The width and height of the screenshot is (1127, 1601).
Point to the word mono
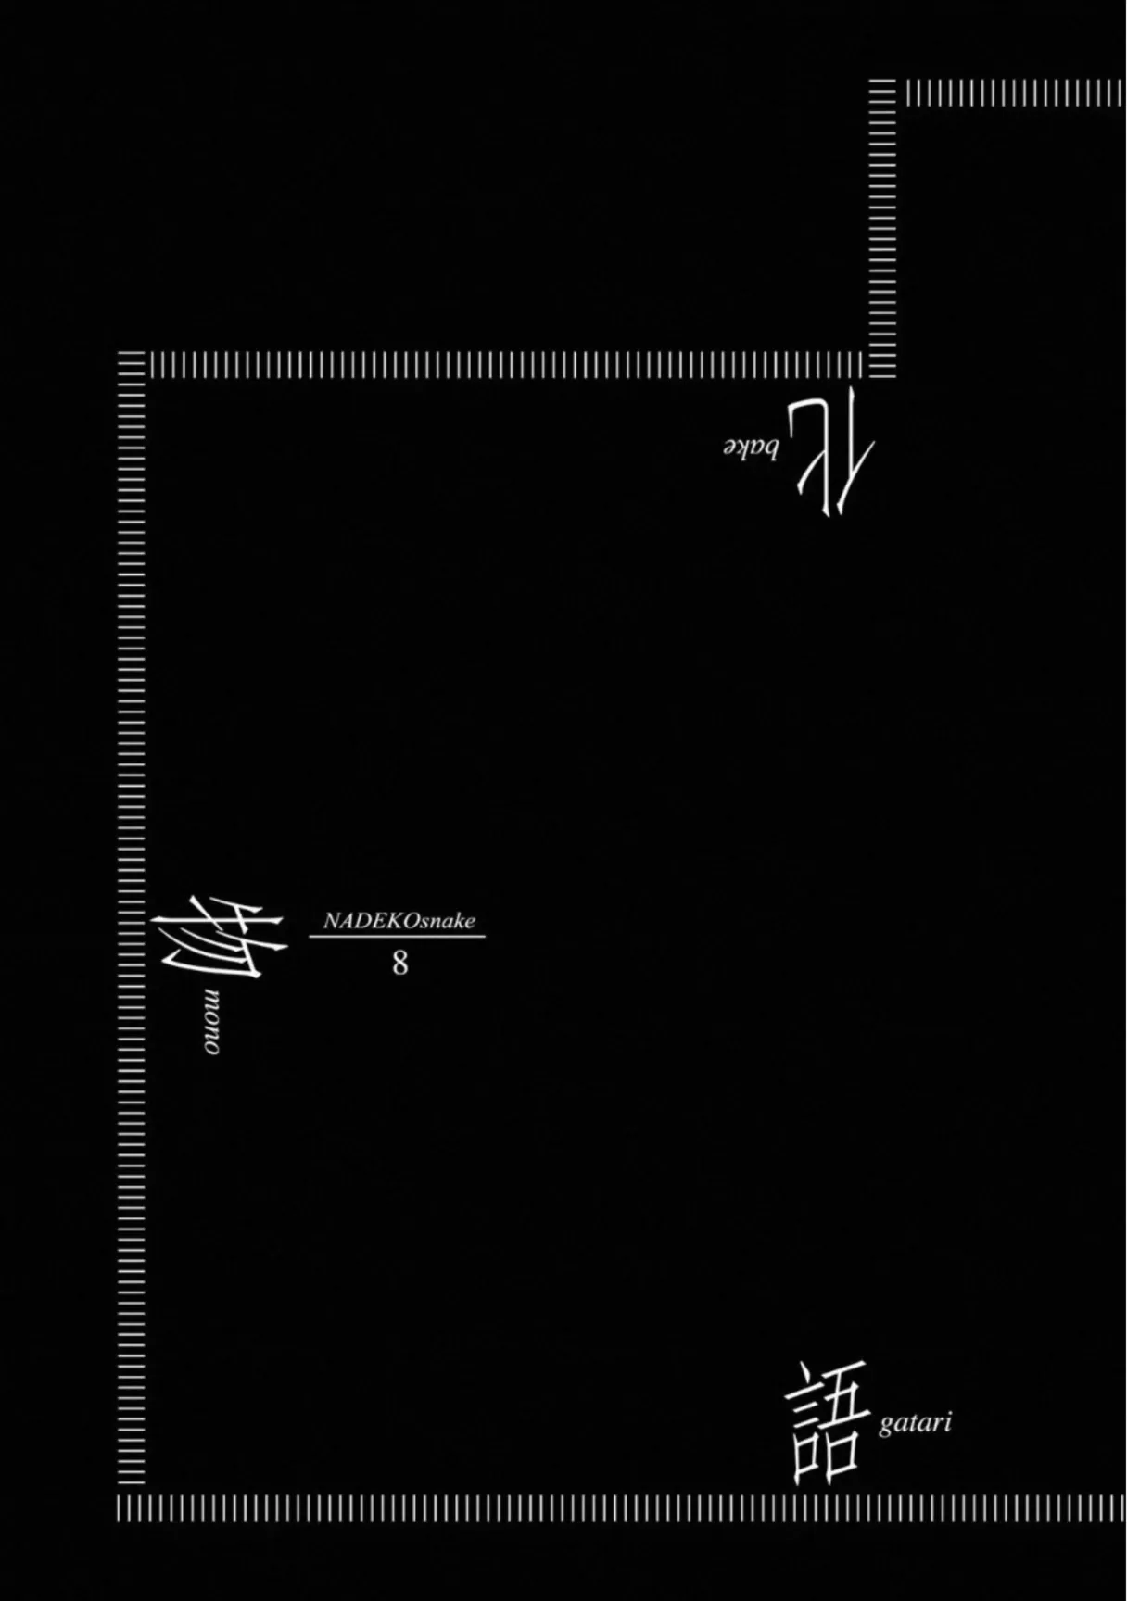coord(212,1020)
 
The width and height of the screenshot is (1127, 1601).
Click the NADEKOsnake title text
coord(399,921)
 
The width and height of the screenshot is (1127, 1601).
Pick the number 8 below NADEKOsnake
coord(399,964)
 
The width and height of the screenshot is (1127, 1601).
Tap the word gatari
coord(915,1424)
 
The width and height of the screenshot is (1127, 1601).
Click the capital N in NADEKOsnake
coord(330,922)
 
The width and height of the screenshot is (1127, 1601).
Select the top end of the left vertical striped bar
coord(132,356)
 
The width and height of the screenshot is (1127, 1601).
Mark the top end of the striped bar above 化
coord(883,83)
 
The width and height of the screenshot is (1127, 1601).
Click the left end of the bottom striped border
coord(120,1508)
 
